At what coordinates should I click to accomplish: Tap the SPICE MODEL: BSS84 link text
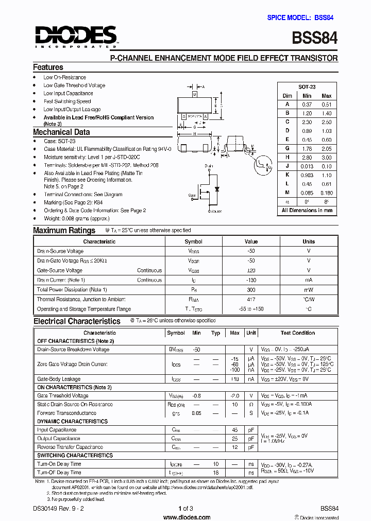[x=300, y=18]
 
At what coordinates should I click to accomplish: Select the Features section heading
[x=48, y=67]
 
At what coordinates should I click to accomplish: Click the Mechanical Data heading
[x=61, y=132]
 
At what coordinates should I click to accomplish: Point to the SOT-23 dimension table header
[x=307, y=87]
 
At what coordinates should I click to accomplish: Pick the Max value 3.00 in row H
[x=327, y=158]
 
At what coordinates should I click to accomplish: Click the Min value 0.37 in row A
[x=307, y=105]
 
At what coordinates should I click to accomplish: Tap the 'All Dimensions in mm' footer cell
[x=307, y=210]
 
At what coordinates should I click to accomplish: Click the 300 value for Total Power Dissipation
[x=251, y=290]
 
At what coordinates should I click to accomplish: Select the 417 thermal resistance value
[x=251, y=299]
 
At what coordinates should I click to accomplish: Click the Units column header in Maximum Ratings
[x=309, y=241]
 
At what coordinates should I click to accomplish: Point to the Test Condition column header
[x=297, y=333]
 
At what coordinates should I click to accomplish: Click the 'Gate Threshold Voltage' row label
[x=63, y=396]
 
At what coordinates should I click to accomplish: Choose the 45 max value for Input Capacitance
[x=234, y=430]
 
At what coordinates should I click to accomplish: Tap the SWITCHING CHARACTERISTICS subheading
[x=75, y=456]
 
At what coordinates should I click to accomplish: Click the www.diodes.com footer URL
[x=185, y=516]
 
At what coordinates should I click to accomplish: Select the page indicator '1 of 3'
[x=185, y=509]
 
